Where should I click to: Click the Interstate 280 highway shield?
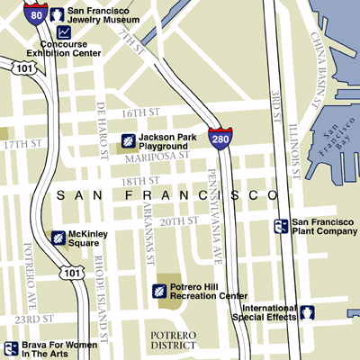tap(219, 138)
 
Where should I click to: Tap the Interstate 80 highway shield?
tap(35, 13)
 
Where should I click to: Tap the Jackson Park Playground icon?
tap(129, 140)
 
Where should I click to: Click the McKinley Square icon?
tap(58, 237)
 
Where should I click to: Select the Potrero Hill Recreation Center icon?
tap(158, 291)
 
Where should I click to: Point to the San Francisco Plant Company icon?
tap(282, 226)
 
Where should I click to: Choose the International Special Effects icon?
tap(308, 312)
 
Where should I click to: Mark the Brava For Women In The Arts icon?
tap(12, 348)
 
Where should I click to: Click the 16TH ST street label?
tap(147, 113)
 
